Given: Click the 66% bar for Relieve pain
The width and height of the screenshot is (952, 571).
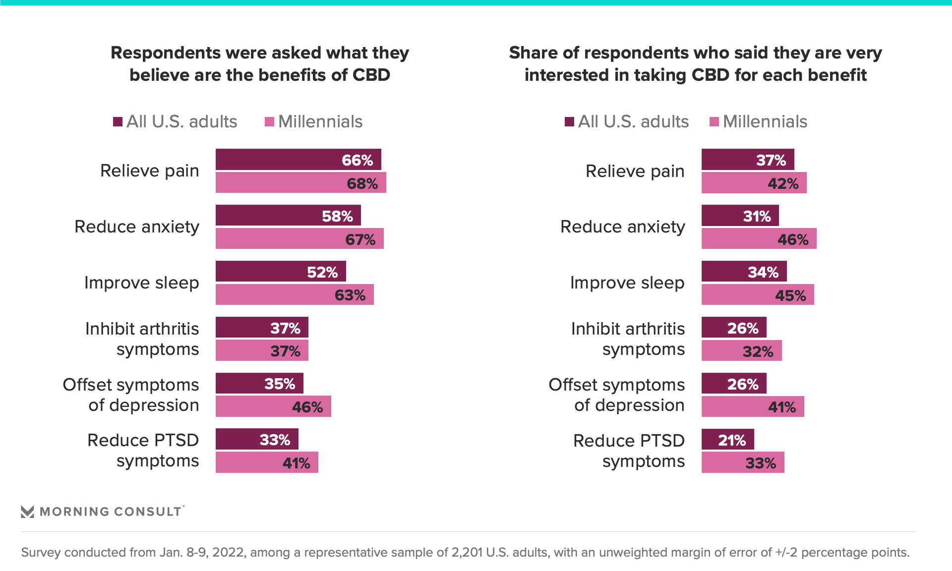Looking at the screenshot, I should point(298,160).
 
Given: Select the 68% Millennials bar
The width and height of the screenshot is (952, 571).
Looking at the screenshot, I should point(300,183).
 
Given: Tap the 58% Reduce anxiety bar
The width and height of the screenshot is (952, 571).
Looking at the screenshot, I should point(288,216).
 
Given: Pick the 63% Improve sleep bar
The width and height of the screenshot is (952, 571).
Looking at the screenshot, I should point(295,295).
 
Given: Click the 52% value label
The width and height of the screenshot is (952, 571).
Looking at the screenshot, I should point(322,272).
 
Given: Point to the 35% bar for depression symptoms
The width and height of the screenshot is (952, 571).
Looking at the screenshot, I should point(259,384).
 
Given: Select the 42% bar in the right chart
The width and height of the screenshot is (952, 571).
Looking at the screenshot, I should point(754,183).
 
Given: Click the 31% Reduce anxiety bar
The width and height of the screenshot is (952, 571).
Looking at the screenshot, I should point(740,216).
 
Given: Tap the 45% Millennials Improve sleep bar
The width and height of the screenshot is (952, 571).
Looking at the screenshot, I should point(758,295).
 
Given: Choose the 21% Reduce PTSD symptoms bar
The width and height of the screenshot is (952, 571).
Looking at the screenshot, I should point(727,440).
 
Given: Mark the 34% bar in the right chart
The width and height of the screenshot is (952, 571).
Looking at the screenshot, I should point(744,272).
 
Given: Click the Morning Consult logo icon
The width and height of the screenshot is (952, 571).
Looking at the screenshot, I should point(28,512).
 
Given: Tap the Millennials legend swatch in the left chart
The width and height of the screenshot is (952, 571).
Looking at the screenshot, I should point(270,122).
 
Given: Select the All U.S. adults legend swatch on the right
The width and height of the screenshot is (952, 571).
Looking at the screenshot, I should point(569,122).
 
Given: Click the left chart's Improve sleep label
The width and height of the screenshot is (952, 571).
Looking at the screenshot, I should point(141,283).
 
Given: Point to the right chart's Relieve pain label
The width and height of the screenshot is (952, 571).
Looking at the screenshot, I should point(635,171).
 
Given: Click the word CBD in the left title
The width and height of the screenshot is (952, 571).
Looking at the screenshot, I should point(371,75).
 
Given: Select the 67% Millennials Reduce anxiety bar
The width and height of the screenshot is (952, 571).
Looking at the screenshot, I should point(299,239).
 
